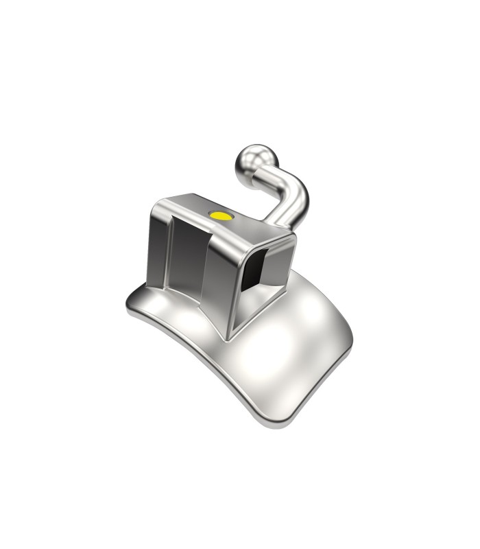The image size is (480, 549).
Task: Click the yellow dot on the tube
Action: [221, 215]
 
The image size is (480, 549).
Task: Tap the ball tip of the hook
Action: [248, 159]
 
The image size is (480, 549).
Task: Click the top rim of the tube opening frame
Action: [267, 240]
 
